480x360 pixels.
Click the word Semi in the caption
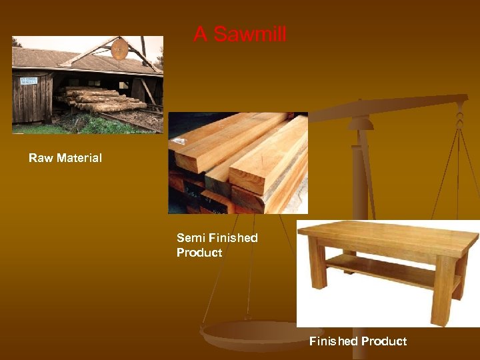191,238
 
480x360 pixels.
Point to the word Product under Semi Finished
199,253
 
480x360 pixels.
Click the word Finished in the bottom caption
333,341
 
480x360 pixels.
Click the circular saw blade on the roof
120,49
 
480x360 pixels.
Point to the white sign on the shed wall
29,81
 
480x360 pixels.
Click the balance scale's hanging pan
253,333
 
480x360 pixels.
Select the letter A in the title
199,35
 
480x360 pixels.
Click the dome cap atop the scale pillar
361,123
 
